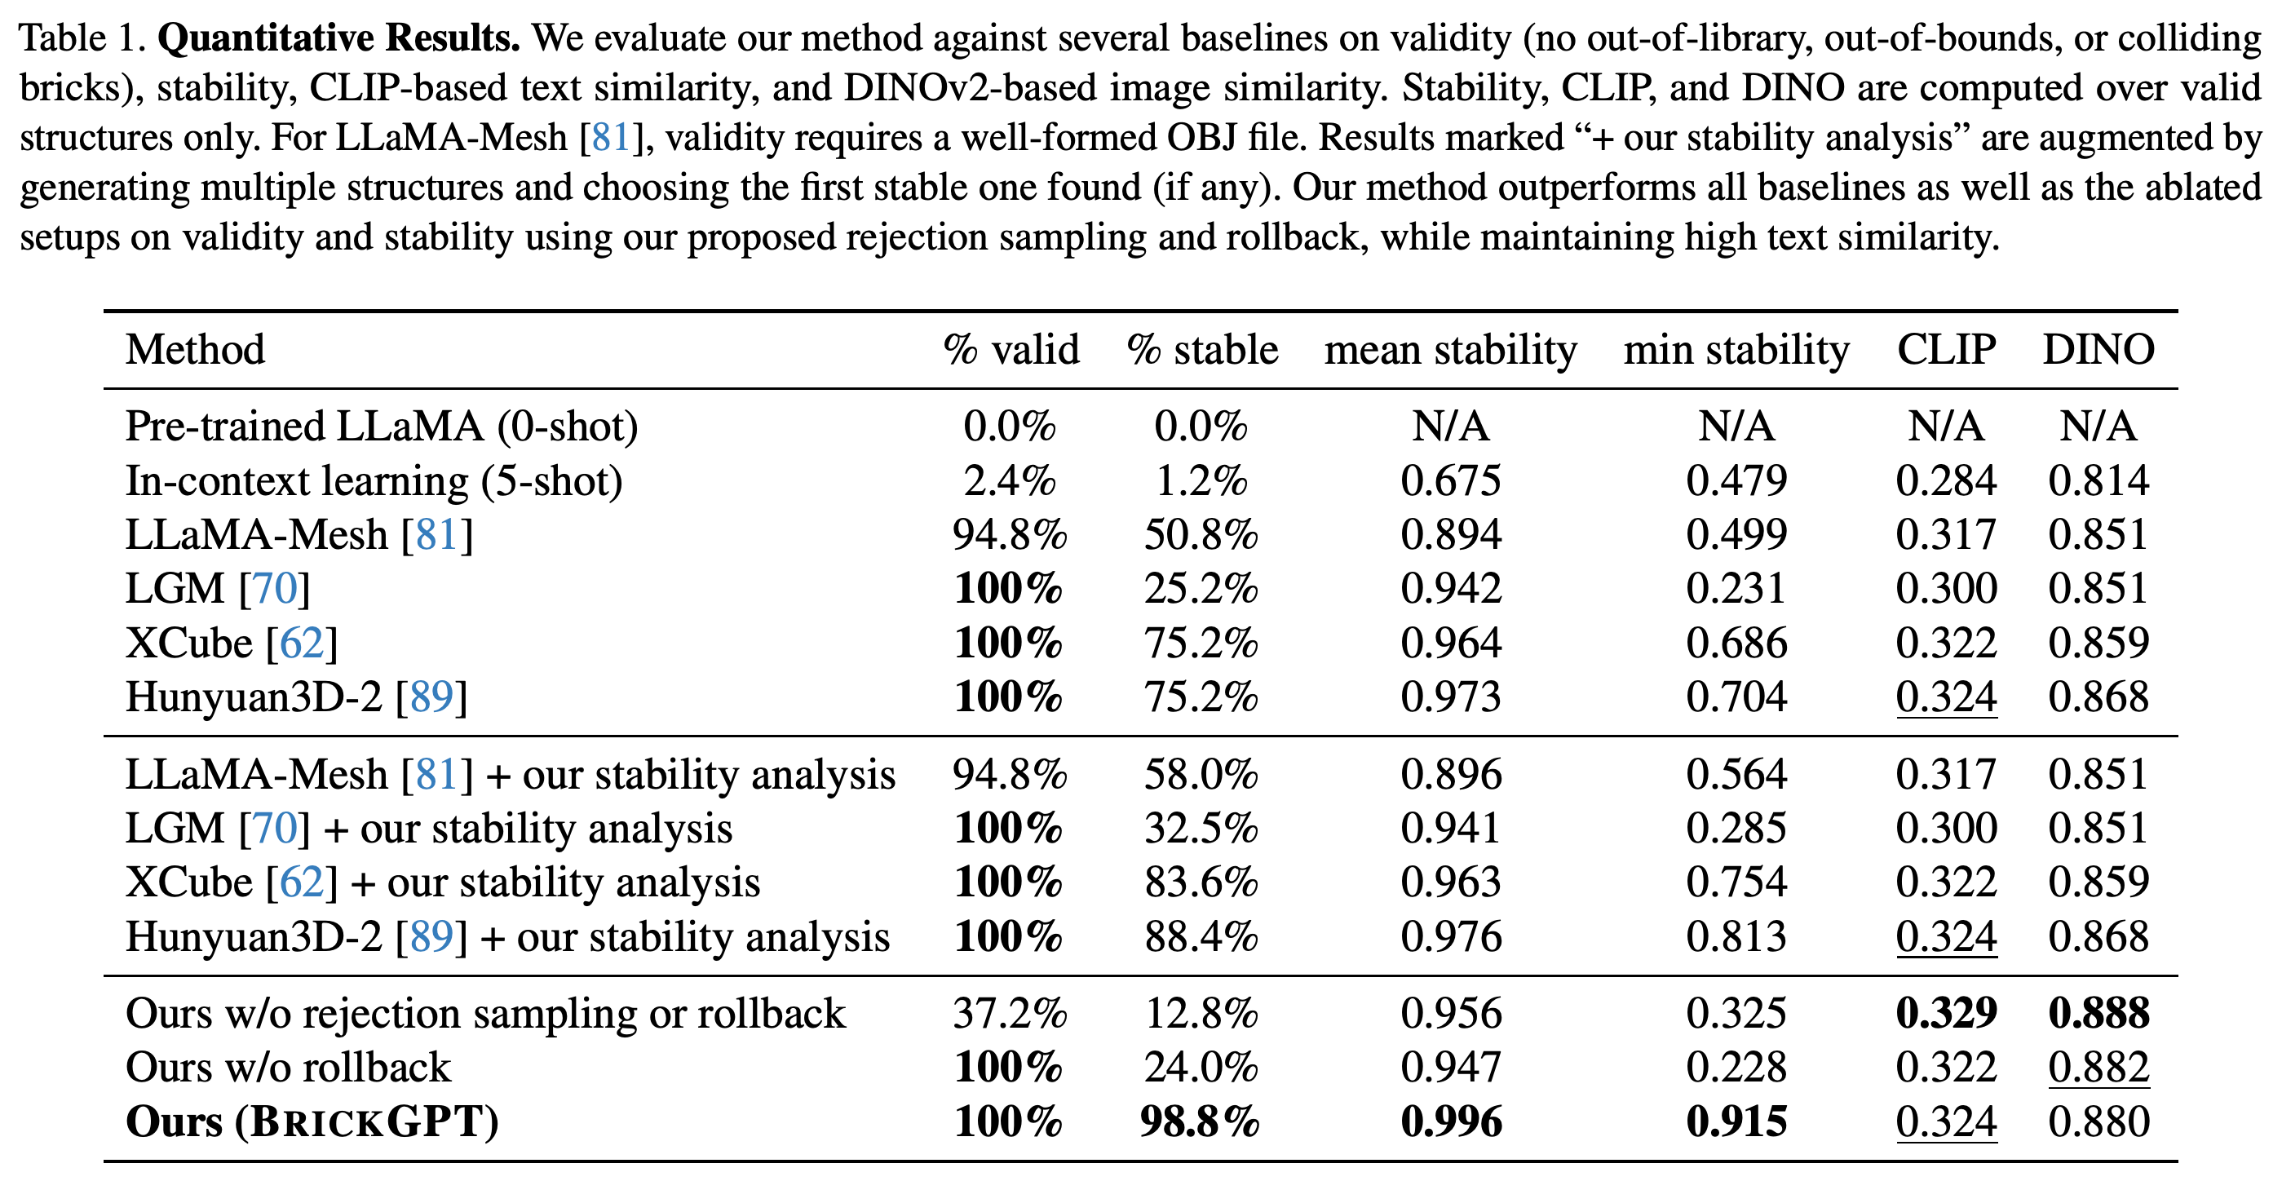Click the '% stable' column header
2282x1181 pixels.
(1202, 350)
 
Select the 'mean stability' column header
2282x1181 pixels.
(1450, 351)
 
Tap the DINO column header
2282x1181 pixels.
(2098, 350)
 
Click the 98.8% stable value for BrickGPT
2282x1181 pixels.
(1201, 1121)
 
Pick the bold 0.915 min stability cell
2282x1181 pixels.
(1736, 1121)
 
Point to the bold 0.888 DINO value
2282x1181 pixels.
(2098, 1013)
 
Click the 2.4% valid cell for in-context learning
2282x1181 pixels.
(1010, 481)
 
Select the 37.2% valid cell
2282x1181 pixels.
(1010, 1013)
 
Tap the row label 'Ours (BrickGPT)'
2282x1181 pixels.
(312, 1122)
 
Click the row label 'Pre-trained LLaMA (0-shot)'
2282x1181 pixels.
(382, 427)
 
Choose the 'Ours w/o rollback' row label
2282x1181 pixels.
(289, 1068)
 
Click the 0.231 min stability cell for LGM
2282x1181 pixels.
(1736, 589)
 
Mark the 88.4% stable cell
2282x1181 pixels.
(1201, 937)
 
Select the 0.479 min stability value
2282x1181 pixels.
(1736, 481)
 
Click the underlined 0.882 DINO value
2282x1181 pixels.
(2098, 1068)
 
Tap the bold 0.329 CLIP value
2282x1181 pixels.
(1946, 1013)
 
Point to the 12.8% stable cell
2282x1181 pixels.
(1201, 1013)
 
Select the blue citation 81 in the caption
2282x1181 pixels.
(610, 137)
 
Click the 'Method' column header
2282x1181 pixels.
(195, 350)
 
